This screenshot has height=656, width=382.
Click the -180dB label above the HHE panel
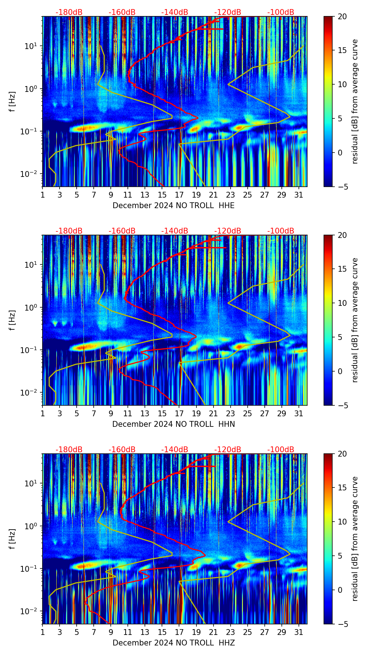click(69, 12)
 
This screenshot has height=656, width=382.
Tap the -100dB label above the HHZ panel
click(281, 450)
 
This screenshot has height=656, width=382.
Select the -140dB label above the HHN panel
click(175, 231)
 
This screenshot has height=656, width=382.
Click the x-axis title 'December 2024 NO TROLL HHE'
click(174, 206)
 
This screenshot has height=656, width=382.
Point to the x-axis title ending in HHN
click(174, 424)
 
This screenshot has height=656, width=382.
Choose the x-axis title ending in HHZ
click(174, 643)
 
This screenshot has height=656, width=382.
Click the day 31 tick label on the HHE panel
click(299, 195)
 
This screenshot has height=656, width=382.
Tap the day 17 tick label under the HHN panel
click(179, 414)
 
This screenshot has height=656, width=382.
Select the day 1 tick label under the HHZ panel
click(43, 632)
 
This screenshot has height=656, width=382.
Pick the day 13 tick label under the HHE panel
click(145, 195)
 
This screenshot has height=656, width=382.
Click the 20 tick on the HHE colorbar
click(342, 16)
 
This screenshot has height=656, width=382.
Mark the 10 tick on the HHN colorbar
click(342, 303)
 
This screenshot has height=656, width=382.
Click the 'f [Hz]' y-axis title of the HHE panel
click(12, 101)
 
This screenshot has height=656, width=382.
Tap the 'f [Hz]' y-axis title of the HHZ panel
click(12, 539)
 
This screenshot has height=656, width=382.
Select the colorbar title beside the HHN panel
click(355, 320)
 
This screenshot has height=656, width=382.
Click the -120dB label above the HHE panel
click(228, 12)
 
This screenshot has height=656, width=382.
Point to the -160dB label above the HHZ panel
click(122, 450)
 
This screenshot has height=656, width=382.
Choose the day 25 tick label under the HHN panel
click(248, 414)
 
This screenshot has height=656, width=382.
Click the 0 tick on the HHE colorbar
click(340, 153)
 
